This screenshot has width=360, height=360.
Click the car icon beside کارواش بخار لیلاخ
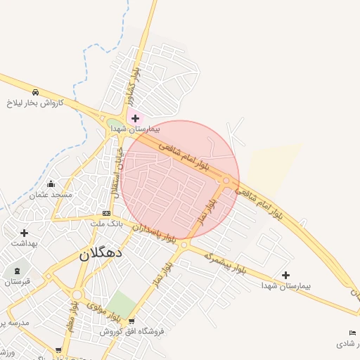coord(35,92)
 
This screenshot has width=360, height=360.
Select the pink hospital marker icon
coord(135,118)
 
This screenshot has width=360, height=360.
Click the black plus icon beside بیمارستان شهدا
coord(285,275)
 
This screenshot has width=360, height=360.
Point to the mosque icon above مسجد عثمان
coord(50,184)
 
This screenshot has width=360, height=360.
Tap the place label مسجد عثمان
coord(50,193)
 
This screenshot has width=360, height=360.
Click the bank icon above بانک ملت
coord(106,213)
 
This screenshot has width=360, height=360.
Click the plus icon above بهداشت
coord(24,233)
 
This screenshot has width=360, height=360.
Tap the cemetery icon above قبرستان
coord(17,271)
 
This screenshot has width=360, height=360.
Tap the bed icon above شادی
coord(352,333)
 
